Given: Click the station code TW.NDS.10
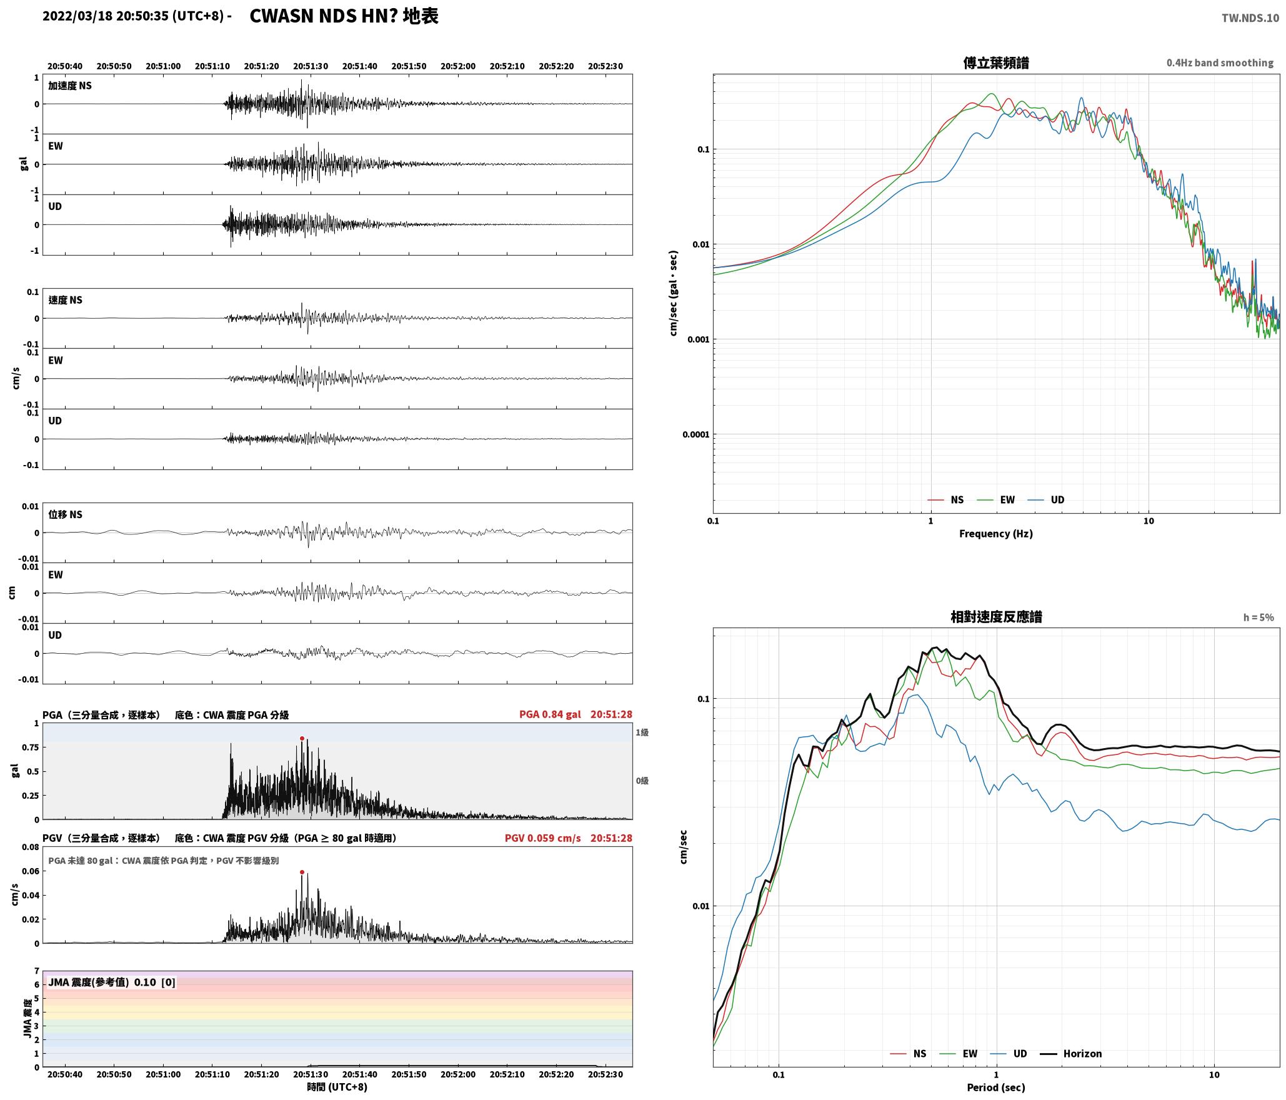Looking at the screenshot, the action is (1250, 18).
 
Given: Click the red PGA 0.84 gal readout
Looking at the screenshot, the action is (550, 714).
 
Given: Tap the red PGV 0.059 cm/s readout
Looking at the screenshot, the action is (542, 838).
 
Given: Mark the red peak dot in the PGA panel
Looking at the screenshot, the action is (302, 739).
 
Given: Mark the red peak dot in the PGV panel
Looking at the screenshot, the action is (302, 872).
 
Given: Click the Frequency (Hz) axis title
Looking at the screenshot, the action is (996, 534).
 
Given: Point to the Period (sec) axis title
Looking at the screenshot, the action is (996, 1087).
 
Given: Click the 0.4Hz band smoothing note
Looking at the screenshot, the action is (1220, 63).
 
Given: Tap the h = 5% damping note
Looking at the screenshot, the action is (1259, 617).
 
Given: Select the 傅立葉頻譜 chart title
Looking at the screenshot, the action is (996, 63).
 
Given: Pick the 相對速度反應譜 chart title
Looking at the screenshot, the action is (996, 617).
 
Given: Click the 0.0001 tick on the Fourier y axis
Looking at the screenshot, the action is (695, 434).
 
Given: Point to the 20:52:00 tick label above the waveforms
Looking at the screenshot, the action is (458, 66).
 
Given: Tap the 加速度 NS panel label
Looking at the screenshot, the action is (70, 86).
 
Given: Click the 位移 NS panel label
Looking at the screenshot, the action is (66, 514).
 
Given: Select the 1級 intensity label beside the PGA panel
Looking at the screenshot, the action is (642, 732).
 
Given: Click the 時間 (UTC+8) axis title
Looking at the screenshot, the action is (337, 1087).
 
